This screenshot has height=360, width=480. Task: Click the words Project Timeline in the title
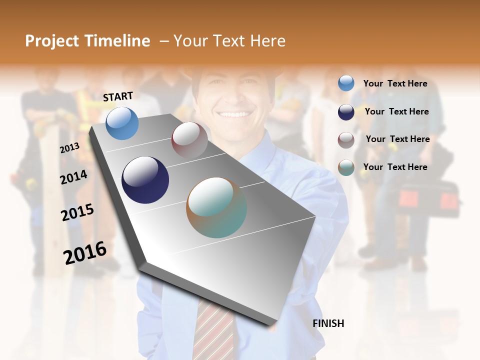pyautogui.click(x=87, y=41)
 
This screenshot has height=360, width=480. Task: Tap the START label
pyautogui.click(x=118, y=96)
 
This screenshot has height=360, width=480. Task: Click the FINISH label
pyautogui.click(x=328, y=323)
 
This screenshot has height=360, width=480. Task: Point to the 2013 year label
pyautogui.click(x=69, y=148)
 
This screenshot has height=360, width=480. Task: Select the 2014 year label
pyautogui.click(x=73, y=177)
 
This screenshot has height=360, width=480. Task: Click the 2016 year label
pyautogui.click(x=85, y=253)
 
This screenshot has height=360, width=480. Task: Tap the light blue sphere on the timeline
pyautogui.click(x=122, y=123)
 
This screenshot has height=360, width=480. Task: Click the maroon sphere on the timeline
pyautogui.click(x=189, y=140)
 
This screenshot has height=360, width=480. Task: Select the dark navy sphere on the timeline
pyautogui.click(x=145, y=180)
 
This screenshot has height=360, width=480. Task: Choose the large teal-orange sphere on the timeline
pyautogui.click(x=216, y=207)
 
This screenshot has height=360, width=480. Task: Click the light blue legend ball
pyautogui.click(x=346, y=83)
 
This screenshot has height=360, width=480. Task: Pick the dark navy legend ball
pyautogui.click(x=346, y=111)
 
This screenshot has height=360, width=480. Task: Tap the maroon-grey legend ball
pyautogui.click(x=346, y=140)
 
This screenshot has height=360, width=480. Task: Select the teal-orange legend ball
pyautogui.click(x=346, y=168)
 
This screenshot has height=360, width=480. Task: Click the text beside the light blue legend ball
pyautogui.click(x=395, y=83)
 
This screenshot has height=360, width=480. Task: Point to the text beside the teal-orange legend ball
pyautogui.click(x=395, y=167)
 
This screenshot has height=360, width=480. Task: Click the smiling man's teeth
pyautogui.click(x=233, y=114)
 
